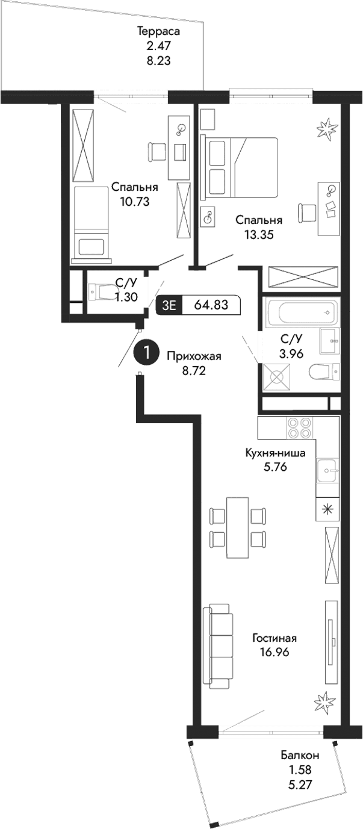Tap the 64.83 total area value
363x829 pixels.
(211, 305)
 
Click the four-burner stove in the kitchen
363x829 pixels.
(299, 427)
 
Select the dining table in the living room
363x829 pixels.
(237, 527)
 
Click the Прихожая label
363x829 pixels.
(194, 356)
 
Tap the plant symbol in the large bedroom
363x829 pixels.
(328, 127)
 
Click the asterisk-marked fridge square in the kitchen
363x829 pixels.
(327, 509)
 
